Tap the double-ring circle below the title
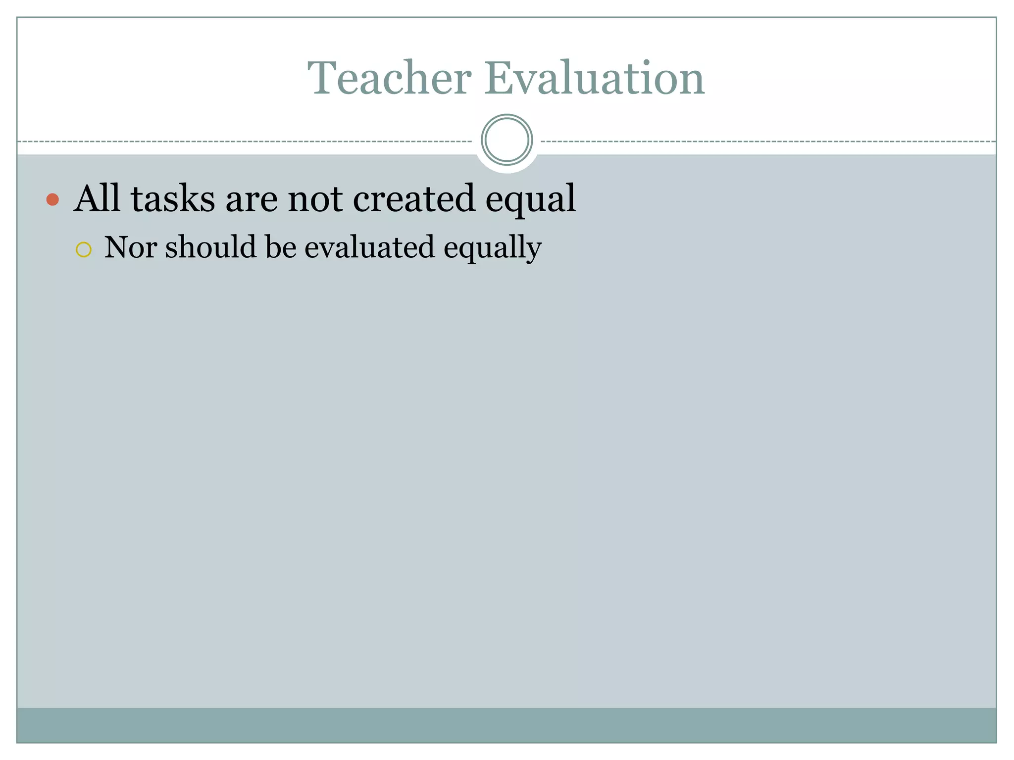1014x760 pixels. point(507,140)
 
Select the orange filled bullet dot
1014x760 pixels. point(52,199)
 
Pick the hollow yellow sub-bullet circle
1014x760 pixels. point(84,250)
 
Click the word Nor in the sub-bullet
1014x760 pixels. point(130,247)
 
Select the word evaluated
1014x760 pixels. point(369,247)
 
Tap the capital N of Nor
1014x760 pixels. point(117,247)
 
